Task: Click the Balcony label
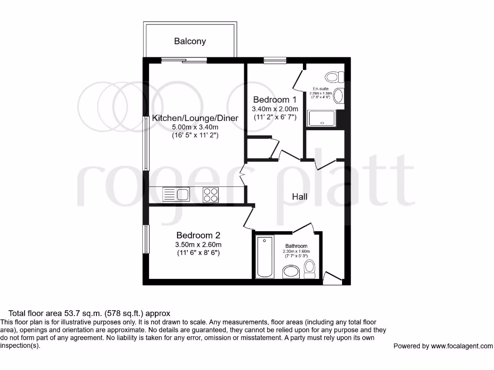coord(190,41)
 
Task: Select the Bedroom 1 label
coord(274,100)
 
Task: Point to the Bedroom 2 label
coord(198,235)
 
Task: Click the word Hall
coord(300,197)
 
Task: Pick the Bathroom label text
coord(296,246)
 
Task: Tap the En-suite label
coord(320,89)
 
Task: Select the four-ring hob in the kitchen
coord(210,194)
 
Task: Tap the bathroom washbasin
coord(291,273)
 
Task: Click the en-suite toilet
coord(334,77)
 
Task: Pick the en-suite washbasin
coord(338,96)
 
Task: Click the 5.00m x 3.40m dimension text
coord(195,127)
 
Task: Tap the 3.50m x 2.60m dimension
coord(198,245)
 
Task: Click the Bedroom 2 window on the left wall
coord(145,239)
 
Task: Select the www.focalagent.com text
coord(462,346)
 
